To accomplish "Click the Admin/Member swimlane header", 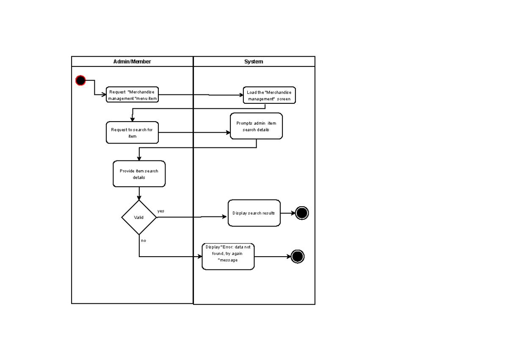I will pyautogui.click(x=132, y=61).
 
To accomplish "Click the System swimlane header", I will pyautogui.click(x=254, y=61).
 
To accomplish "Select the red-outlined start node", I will pyautogui.click(x=80, y=80).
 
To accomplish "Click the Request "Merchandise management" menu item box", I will pyautogui.click(x=132, y=95).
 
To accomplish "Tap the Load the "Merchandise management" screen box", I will pyautogui.click(x=269, y=95).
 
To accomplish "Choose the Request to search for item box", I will pyautogui.click(x=132, y=133).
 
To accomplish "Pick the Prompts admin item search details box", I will pyautogui.click(x=256, y=126).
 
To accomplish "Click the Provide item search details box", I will pyautogui.click(x=139, y=174).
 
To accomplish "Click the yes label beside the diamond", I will pyautogui.click(x=161, y=211).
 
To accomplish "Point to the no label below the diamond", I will pyautogui.click(x=144, y=240).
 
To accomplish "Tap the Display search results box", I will pyautogui.click(x=254, y=213).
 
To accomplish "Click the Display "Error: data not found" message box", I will pyautogui.click(x=228, y=256).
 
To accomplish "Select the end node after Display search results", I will pyautogui.click(x=302, y=213).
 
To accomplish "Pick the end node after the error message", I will pyautogui.click(x=298, y=256).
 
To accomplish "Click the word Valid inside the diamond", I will pyautogui.click(x=139, y=218).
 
